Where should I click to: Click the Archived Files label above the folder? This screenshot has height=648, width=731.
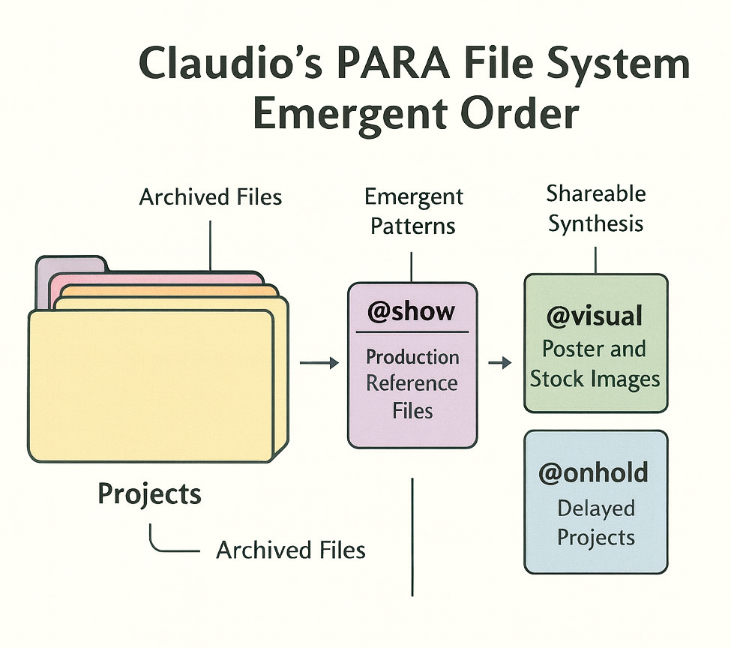(211, 197)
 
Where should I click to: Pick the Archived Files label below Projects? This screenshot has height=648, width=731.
(291, 550)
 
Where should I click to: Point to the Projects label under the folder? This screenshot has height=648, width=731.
(150, 493)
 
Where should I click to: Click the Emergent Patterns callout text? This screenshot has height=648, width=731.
(414, 211)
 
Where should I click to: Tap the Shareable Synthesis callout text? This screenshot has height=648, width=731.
(595, 208)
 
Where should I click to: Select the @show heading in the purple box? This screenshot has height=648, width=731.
(412, 311)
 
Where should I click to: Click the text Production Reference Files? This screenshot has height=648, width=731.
(412, 383)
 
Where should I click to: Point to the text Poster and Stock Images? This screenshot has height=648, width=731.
(595, 364)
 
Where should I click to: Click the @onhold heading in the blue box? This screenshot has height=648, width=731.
(594, 473)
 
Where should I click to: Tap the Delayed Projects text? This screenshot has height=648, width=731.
(596, 523)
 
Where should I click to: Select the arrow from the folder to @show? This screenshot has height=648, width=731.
(319, 364)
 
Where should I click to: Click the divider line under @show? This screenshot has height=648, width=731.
(412, 331)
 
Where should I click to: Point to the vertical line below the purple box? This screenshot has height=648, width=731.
(412, 537)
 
